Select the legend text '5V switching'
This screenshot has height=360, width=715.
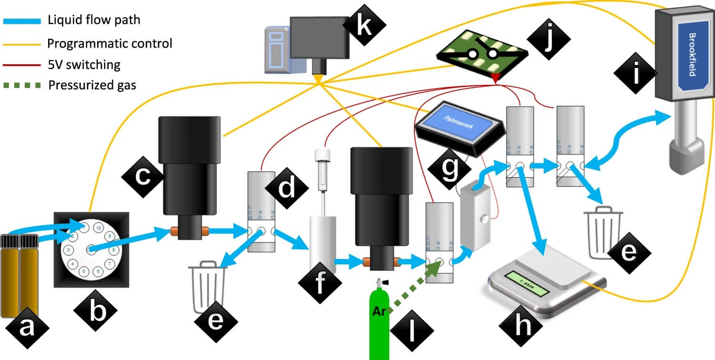pos(84,65)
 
